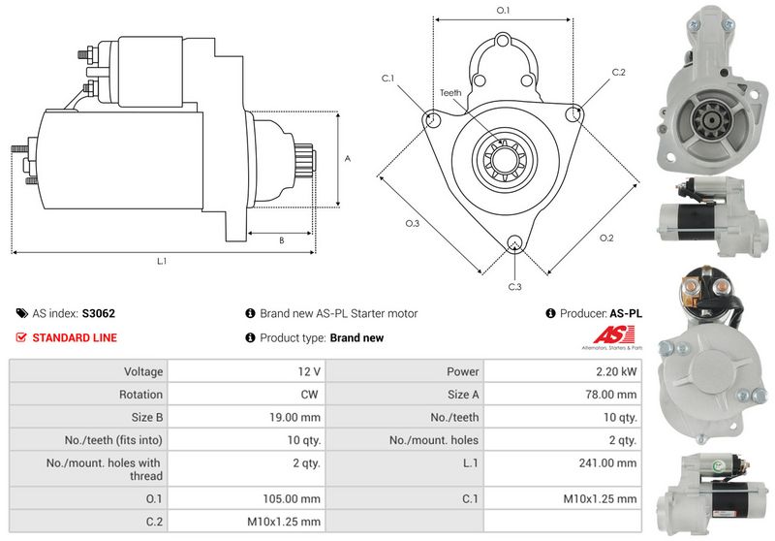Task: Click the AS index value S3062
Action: click(99, 314)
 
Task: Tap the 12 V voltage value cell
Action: click(310, 371)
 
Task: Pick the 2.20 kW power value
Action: click(616, 371)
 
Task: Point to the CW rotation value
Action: click(311, 395)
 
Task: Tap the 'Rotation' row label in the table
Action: click(140, 395)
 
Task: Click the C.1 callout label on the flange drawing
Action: click(387, 78)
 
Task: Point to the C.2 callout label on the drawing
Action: click(619, 73)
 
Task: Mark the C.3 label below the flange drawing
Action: click(514, 287)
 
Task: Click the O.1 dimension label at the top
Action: click(504, 10)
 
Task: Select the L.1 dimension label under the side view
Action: click(163, 262)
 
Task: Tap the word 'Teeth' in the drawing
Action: click(450, 93)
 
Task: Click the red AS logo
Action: click(607, 334)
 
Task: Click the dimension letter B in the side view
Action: click(281, 239)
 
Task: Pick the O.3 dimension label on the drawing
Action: click(412, 224)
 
